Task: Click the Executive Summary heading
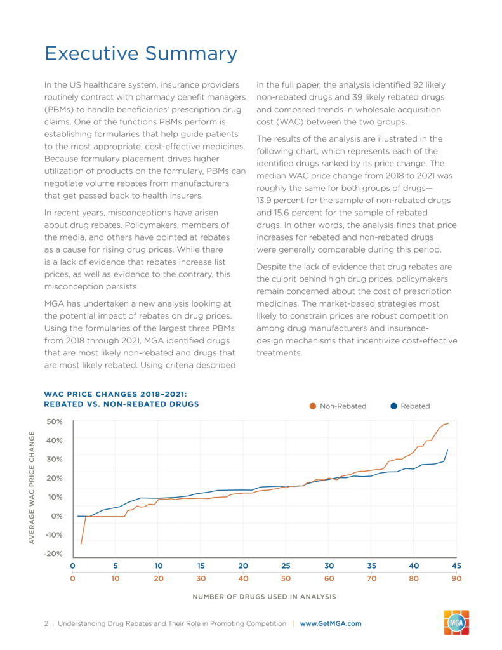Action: click(x=141, y=54)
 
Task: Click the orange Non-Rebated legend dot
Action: click(x=313, y=406)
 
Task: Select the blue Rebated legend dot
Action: click(x=394, y=406)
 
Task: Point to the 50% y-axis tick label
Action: click(x=55, y=421)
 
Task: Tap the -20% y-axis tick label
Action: click(x=53, y=554)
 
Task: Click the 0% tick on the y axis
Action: click(x=56, y=516)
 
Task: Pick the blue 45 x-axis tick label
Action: click(x=456, y=566)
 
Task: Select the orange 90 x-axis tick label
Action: click(x=456, y=578)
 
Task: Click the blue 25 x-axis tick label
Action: click(x=286, y=566)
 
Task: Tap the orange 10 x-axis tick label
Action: click(x=116, y=578)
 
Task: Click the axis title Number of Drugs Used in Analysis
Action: click(x=265, y=597)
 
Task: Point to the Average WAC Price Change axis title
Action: click(x=32, y=487)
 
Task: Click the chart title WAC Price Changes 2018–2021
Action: click(x=116, y=394)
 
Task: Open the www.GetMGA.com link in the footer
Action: click(x=331, y=623)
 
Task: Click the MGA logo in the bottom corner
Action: click(x=456, y=622)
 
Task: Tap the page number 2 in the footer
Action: click(x=46, y=623)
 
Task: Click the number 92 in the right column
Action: click(x=418, y=85)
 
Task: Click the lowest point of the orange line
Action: click(x=81, y=544)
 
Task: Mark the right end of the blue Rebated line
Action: click(x=447, y=450)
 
